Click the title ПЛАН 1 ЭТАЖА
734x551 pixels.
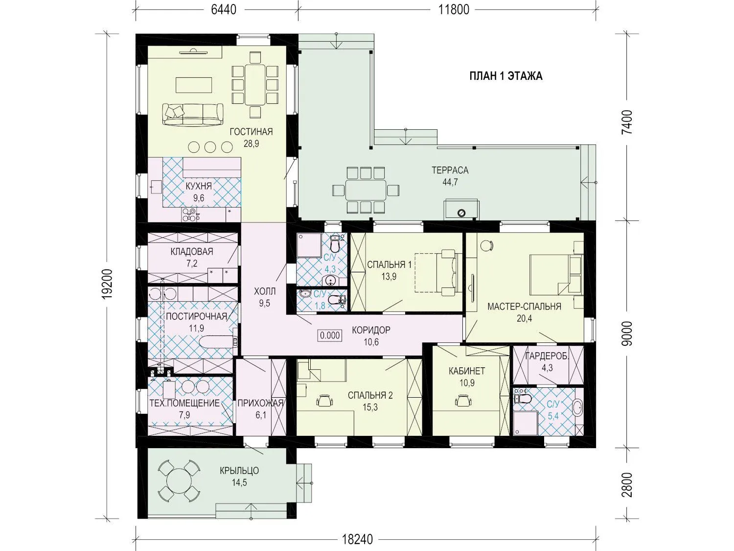pyautogui.click(x=505, y=76)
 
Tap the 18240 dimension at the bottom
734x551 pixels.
pyautogui.click(x=357, y=539)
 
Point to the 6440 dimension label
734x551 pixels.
pyautogui.click(x=224, y=10)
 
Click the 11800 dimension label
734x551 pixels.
pyautogui.click(x=454, y=10)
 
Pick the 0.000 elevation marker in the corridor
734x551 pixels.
pyautogui.click(x=330, y=335)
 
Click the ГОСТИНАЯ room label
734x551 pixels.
pyautogui.click(x=251, y=131)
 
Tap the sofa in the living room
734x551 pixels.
pyautogui.click(x=193, y=115)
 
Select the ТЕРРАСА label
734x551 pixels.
pyautogui.click(x=450, y=170)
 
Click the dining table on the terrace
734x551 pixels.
pyautogui.click(x=366, y=190)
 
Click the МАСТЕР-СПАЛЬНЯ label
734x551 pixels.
pyautogui.click(x=524, y=307)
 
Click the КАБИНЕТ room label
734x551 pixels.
pyautogui.click(x=467, y=371)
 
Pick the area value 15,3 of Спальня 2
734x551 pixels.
pyautogui.click(x=370, y=407)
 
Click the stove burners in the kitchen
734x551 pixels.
pyautogui.click(x=190, y=215)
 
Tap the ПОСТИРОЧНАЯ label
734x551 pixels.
pyautogui.click(x=196, y=316)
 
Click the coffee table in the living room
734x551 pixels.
pyautogui.click(x=194, y=85)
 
